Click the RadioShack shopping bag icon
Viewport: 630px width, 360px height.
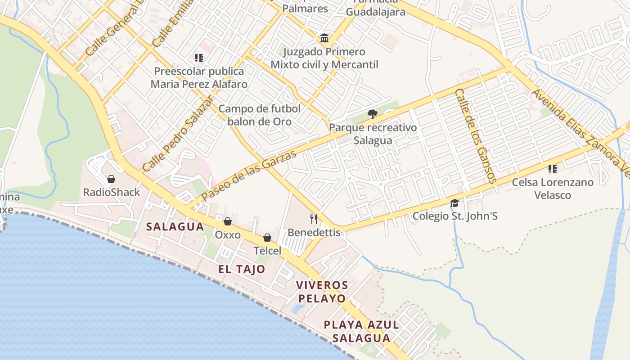(x=111, y=179)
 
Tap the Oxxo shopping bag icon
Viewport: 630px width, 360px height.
(x=228, y=221)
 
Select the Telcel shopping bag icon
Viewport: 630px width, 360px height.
(x=267, y=238)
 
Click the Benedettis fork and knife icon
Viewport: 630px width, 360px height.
(x=314, y=219)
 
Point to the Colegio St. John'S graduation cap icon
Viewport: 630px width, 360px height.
(x=454, y=203)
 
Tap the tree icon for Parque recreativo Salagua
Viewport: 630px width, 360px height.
(x=372, y=114)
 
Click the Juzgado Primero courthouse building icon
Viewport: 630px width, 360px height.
(x=324, y=38)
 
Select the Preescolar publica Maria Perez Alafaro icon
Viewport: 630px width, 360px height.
(x=199, y=58)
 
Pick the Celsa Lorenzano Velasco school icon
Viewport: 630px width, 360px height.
(x=553, y=169)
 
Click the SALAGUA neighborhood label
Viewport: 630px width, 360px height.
(x=175, y=227)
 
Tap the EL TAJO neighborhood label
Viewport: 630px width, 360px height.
(x=242, y=270)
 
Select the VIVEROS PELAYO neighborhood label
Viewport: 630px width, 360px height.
(x=322, y=292)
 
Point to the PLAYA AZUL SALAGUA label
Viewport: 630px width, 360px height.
(x=362, y=331)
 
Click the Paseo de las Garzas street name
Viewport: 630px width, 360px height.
(x=249, y=175)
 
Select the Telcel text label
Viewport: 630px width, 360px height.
(x=267, y=251)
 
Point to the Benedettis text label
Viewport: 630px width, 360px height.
(x=314, y=233)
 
